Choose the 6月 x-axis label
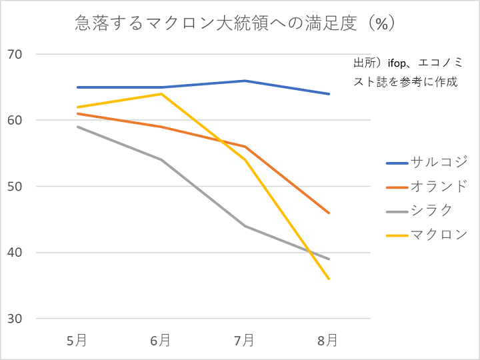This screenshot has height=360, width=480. pos(161,341)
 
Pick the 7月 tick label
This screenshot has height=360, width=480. pos(245,341)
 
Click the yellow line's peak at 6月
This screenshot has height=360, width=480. pos(161,94)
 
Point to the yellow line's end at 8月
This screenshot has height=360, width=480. pos(329,279)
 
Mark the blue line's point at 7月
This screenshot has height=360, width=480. pos(245,81)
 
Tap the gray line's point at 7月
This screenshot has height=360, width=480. pos(245,226)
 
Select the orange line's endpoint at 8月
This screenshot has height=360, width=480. pos(329,213)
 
